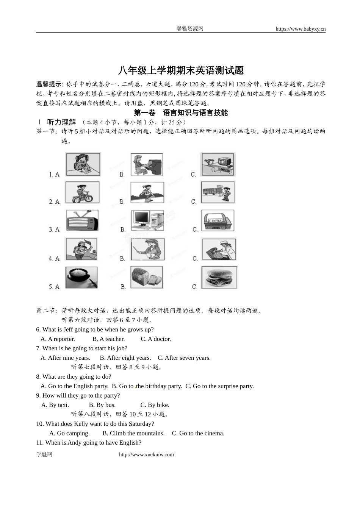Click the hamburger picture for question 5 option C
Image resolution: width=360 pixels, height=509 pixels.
pos(219,278)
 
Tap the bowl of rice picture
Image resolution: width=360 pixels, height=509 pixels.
pos(81,278)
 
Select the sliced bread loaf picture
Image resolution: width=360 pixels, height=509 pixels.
pos(147,278)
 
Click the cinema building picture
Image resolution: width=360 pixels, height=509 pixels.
pos(218,220)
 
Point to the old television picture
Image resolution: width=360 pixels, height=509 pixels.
pos(82,220)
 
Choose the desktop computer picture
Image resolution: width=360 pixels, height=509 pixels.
pos(147,220)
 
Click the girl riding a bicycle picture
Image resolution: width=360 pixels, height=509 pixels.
pos(82,192)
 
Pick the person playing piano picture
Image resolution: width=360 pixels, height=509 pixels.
pos(147,164)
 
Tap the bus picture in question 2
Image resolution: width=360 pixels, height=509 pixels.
pos(218,192)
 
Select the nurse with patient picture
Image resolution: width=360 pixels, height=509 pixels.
pos(219,249)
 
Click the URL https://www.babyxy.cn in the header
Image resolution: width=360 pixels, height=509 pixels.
pos(301,29)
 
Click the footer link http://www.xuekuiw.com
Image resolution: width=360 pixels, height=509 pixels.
pos(146,454)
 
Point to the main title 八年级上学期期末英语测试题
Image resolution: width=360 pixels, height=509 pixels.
pos(181,70)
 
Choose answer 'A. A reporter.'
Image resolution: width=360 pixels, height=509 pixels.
pos(58,339)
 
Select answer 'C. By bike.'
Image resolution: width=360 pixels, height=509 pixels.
pos(155,405)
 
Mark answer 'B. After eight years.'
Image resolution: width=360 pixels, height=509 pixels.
pos(125,358)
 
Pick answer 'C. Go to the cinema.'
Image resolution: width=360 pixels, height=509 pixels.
pos(198,433)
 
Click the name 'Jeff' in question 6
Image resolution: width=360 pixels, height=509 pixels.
pos(68,329)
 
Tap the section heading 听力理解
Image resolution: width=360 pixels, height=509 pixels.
pos(61,122)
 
